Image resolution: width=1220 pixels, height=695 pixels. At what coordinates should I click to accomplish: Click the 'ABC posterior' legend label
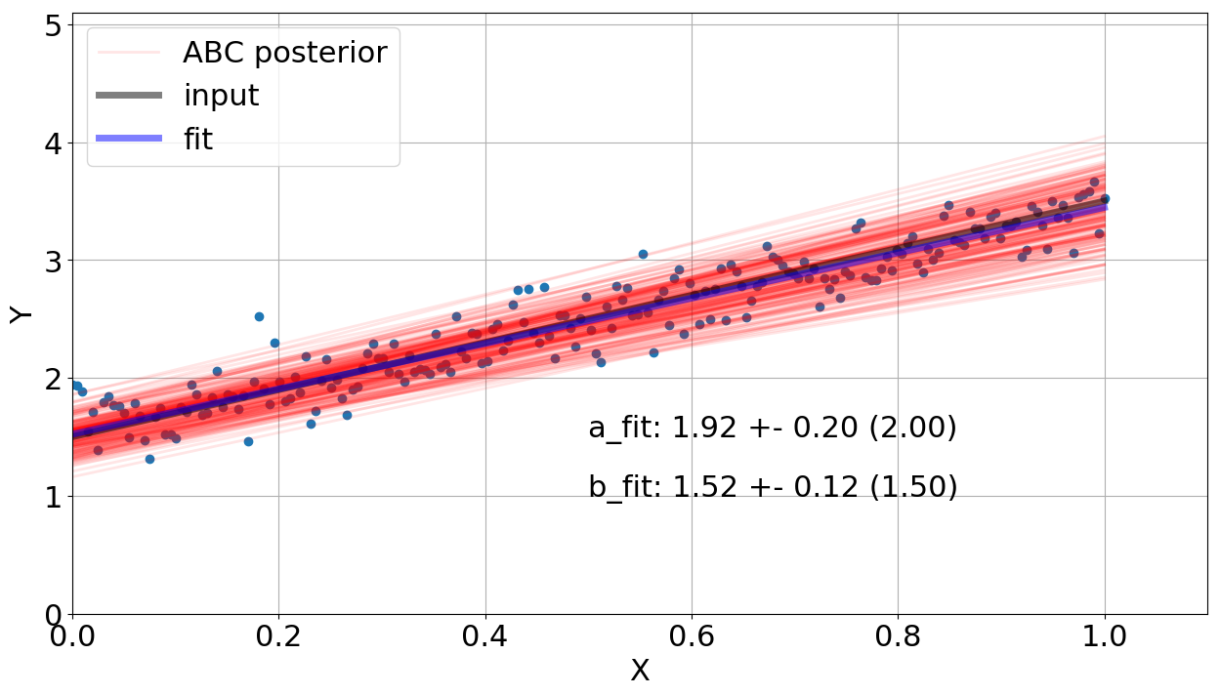pyautogui.click(x=284, y=53)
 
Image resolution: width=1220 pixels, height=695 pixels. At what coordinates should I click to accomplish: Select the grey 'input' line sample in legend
pyautogui.click(x=129, y=96)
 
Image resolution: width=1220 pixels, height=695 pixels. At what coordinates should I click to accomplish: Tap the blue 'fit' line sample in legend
pyautogui.click(x=129, y=139)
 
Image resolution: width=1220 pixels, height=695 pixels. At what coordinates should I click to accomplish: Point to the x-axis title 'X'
pyautogui.click(x=640, y=672)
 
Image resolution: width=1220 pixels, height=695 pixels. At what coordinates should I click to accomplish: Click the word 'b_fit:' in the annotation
pyautogui.click(x=625, y=487)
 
